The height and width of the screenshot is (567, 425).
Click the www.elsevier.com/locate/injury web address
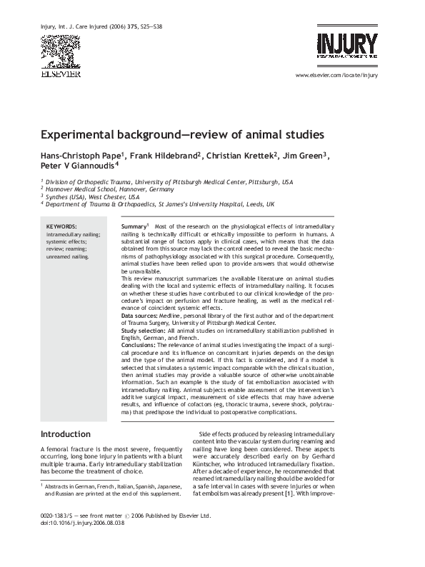(335, 75)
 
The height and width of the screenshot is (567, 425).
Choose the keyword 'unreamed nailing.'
(68, 255)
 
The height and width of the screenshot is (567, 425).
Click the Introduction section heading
(65, 433)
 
